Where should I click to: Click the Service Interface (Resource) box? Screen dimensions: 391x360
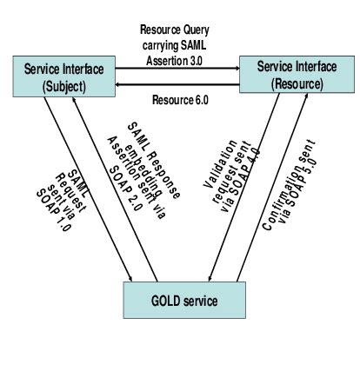[x=286, y=76]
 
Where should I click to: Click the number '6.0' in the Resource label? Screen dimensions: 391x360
[x=198, y=99]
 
